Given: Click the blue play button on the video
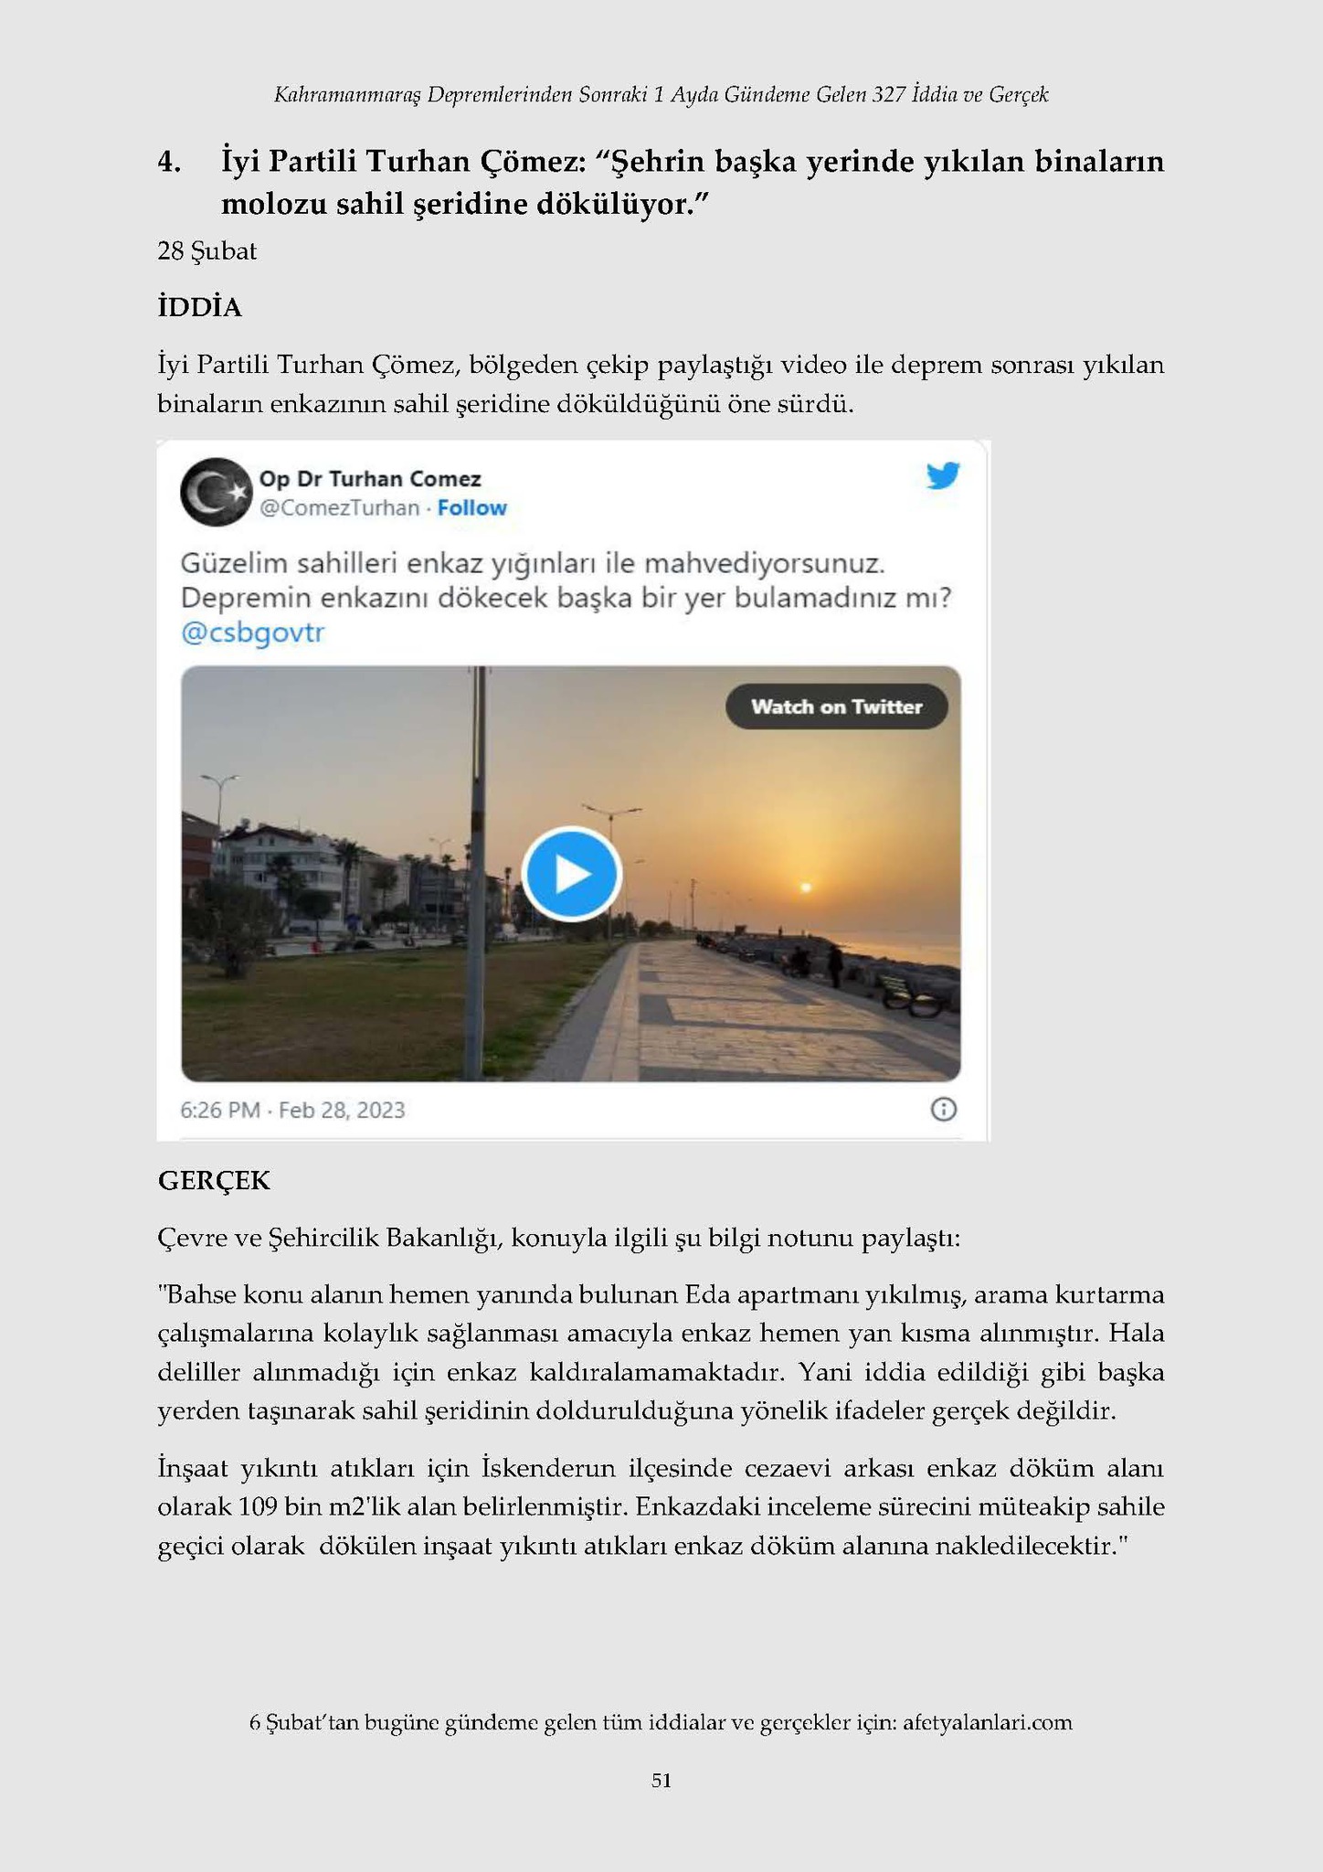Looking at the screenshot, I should [571, 873].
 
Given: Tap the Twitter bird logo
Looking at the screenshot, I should [943, 476].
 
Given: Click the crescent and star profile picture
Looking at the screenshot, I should [216, 492].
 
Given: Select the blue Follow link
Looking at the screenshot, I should [471, 508].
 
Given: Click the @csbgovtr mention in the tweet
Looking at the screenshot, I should [253, 633].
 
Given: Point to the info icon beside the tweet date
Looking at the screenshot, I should [943, 1110].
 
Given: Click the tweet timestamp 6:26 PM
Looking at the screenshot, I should [220, 1111].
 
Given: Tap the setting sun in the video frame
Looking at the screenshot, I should [805, 887].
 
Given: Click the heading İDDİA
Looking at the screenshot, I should [199, 308].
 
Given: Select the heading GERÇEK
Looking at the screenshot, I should [214, 1181].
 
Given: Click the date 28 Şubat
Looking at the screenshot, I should [206, 251].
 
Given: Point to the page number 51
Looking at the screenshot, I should [661, 1780].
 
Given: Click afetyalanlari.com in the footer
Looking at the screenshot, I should [987, 1723].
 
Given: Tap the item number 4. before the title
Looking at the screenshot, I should [168, 163].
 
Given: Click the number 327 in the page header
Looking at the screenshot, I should [888, 94].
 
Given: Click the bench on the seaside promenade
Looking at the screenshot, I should [914, 998].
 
